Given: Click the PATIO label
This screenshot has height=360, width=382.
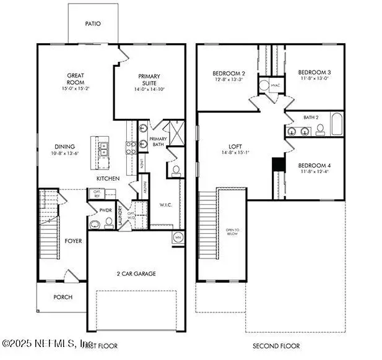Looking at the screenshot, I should coord(92,24).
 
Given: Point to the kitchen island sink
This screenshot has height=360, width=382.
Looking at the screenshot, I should coord(103,149).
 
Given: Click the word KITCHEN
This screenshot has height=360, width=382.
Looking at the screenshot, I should coord(108,178).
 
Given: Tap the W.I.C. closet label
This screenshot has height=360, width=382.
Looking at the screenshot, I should coord(165,204).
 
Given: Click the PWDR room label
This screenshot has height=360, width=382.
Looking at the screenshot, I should coord(105,211).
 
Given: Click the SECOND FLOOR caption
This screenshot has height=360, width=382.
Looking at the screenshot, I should coord(276,345).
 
